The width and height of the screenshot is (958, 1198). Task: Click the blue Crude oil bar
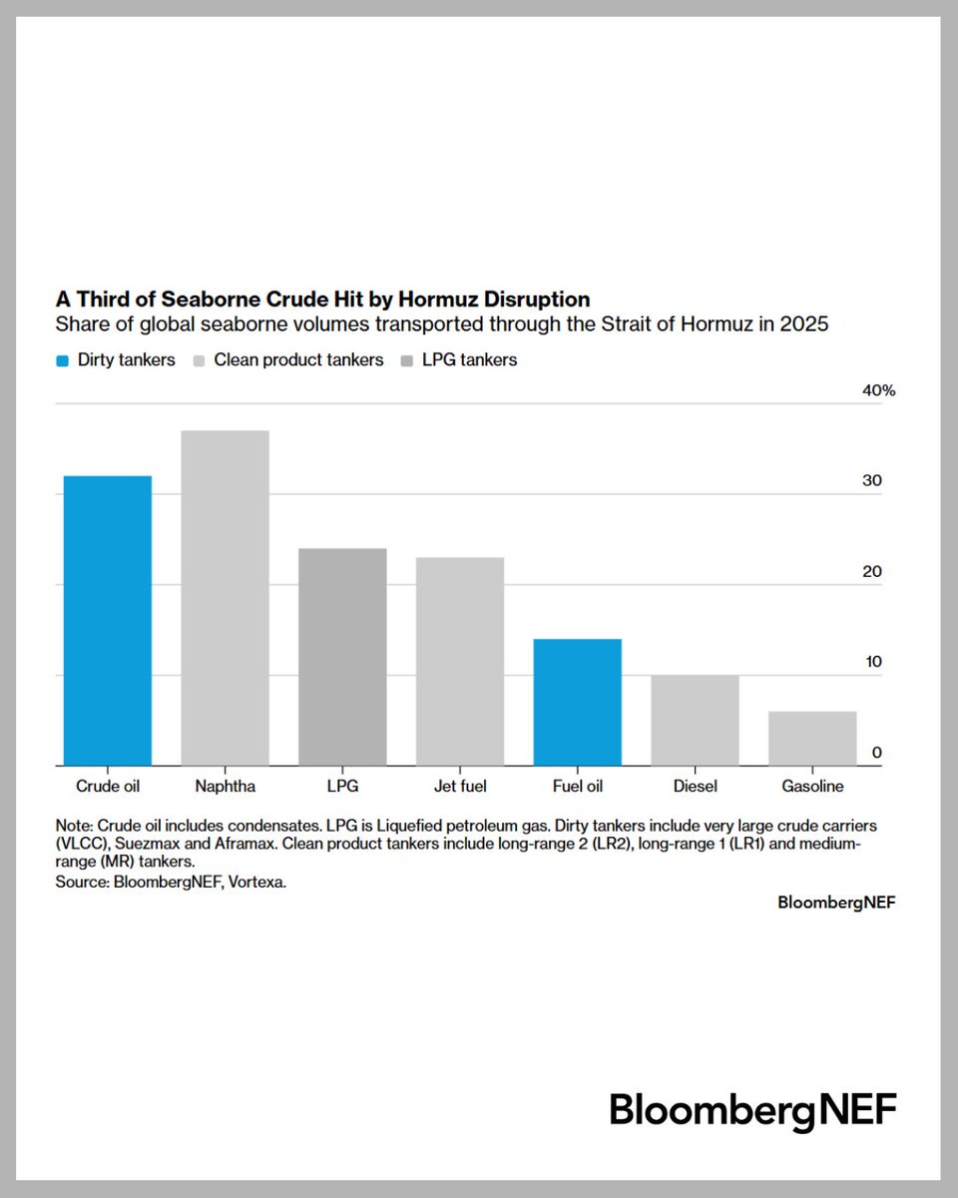pyautogui.click(x=108, y=620)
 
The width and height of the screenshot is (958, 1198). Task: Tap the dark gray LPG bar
pyautogui.click(x=342, y=656)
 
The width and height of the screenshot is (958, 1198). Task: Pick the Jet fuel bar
pyautogui.click(x=460, y=661)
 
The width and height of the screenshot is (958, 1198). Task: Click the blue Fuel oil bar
pyautogui.click(x=578, y=702)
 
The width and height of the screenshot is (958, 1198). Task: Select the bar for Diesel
pyautogui.click(x=696, y=720)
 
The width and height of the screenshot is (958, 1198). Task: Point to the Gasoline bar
pyautogui.click(x=812, y=738)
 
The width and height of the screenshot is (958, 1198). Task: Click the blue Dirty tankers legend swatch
pyautogui.click(x=63, y=360)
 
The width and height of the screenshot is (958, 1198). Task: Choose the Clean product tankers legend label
pyautogui.click(x=298, y=360)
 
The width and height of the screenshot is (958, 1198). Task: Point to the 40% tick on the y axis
pyautogui.click(x=878, y=390)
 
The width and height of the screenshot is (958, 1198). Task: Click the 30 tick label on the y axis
pyautogui.click(x=872, y=480)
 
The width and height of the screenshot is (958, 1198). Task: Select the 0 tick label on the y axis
pyautogui.click(x=876, y=753)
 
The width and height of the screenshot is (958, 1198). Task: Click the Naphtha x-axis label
pyautogui.click(x=225, y=787)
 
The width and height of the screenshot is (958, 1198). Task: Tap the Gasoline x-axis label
pyautogui.click(x=812, y=787)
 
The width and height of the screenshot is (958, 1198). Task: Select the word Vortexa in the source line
pyautogui.click(x=257, y=884)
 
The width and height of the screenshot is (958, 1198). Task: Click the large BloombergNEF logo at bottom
pyautogui.click(x=752, y=1110)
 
